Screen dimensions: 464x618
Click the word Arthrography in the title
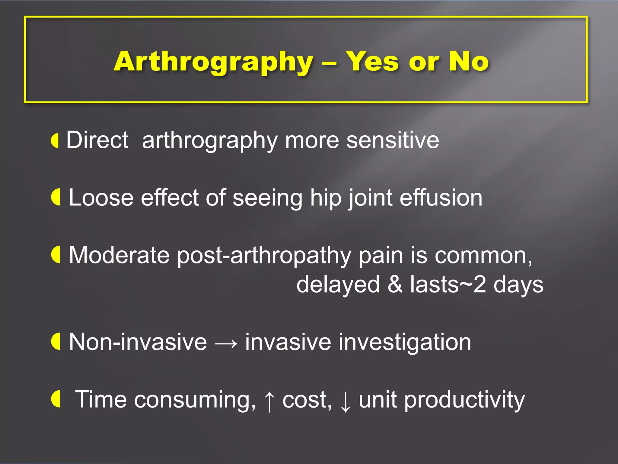[x=214, y=62]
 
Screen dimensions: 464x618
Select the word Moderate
[x=119, y=255]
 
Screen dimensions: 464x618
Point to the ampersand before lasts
[x=395, y=284]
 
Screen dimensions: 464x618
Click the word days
[x=518, y=285]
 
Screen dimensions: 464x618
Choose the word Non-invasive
[x=138, y=342]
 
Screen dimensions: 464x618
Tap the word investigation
[x=358, y=343]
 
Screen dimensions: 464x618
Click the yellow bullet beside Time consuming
[x=56, y=399]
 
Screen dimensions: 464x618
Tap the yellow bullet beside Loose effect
[x=56, y=197]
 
